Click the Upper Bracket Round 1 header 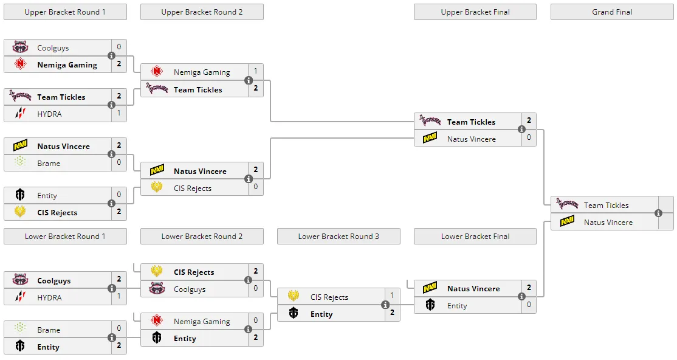tap(65, 12)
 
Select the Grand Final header tap(612, 12)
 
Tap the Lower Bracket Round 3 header tap(338, 237)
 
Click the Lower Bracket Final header tap(475, 237)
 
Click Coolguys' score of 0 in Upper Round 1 tap(119, 47)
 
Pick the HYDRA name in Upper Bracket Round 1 tap(49, 114)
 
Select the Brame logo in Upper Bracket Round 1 tap(20, 162)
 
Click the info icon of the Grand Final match tap(658, 213)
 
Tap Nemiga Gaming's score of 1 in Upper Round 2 tap(256, 71)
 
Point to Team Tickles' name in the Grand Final tap(606, 206)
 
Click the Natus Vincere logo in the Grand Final tap(567, 221)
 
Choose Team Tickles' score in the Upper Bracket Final tap(529, 120)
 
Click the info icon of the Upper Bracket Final tap(521, 129)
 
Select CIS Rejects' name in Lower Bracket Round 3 tap(329, 297)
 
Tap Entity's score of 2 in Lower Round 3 tap(392, 313)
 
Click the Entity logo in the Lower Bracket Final tap(430, 305)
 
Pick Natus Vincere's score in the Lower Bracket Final tap(529, 288)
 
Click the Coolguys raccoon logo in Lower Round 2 tap(157, 288)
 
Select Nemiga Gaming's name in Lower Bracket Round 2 tap(202, 322)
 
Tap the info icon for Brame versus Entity tap(112, 337)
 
